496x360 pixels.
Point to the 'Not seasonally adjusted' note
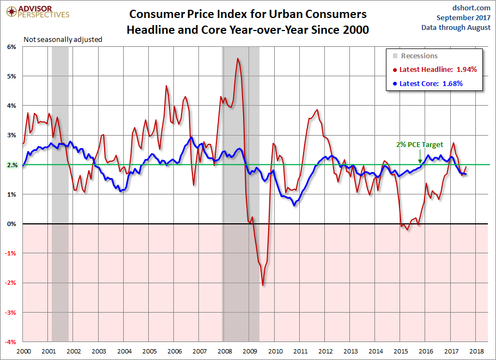(63, 39)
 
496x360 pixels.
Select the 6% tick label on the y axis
(12, 47)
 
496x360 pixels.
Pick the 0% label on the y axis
(12, 224)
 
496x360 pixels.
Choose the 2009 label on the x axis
(250, 352)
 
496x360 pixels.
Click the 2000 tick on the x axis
(23, 352)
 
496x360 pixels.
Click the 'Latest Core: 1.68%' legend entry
(431, 84)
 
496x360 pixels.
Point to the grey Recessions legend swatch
(395, 56)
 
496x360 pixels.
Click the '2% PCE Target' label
(420, 145)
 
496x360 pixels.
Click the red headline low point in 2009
(263, 285)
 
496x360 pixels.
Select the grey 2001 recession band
(60, 191)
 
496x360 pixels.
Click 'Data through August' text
(456, 28)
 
